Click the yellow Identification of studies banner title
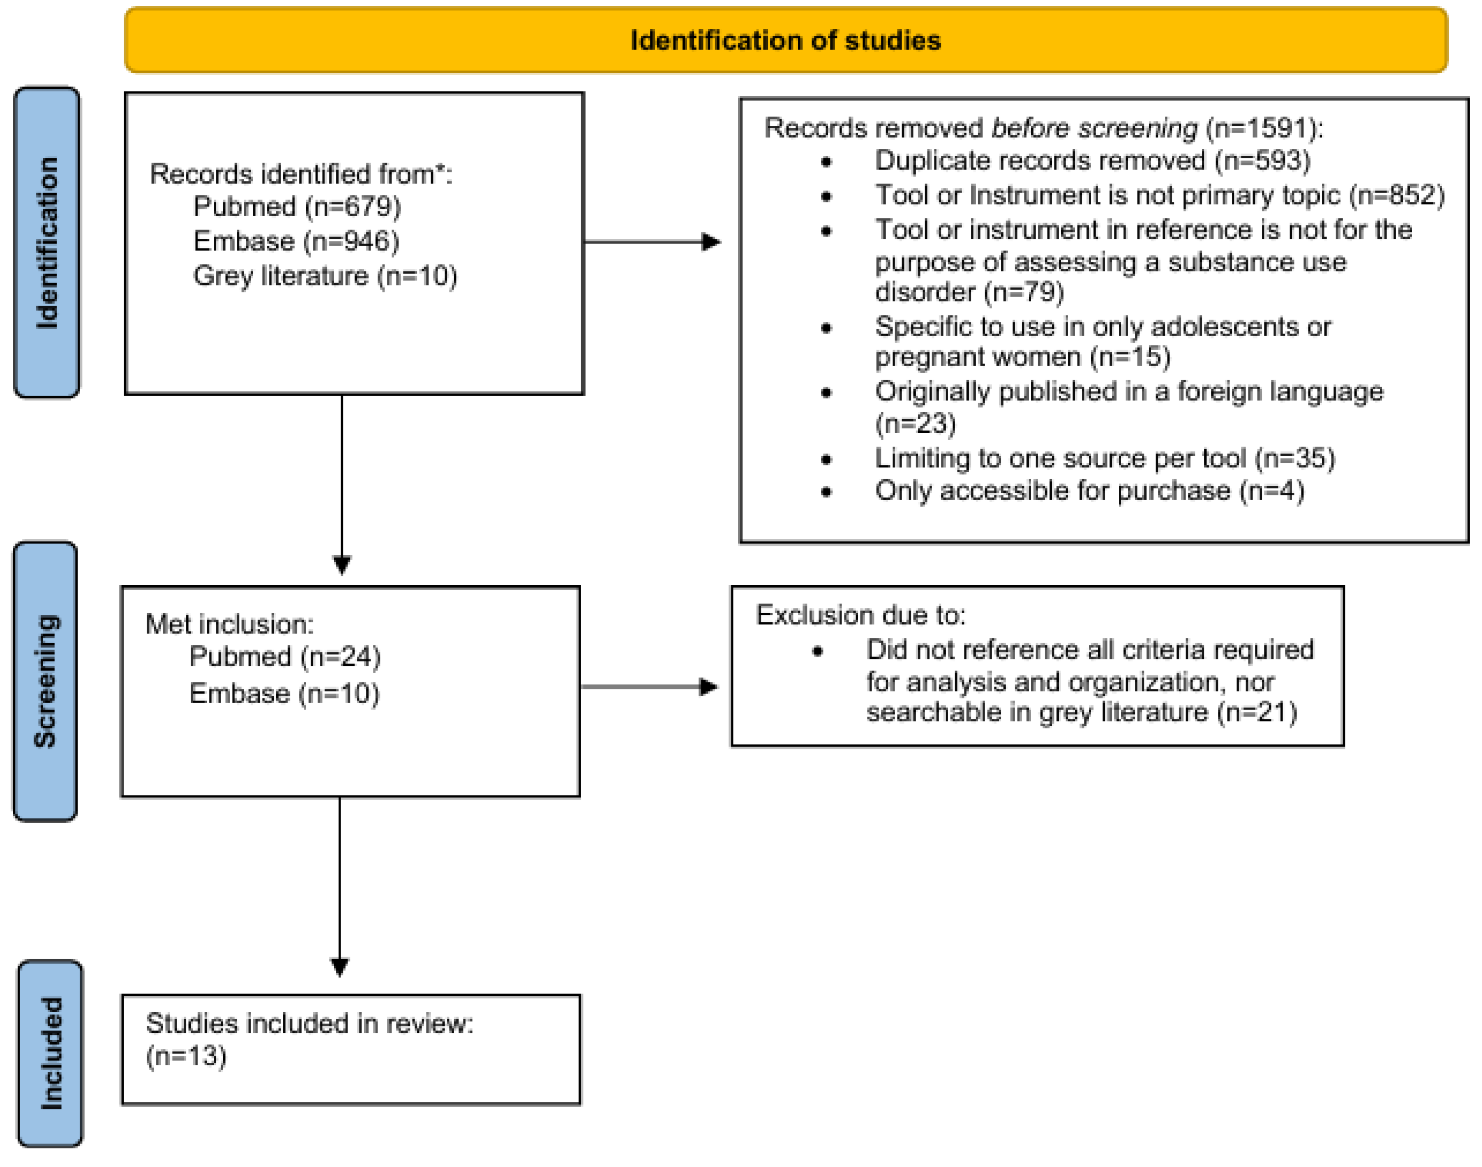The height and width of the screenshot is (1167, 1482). pos(785,40)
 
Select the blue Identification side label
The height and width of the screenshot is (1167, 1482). pos(47,243)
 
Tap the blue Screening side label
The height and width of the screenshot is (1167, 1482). pos(46,681)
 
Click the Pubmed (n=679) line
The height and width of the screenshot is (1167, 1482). pos(297,206)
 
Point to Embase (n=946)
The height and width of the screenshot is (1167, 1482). pos(296,241)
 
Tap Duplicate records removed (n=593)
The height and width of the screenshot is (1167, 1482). pos(1092,161)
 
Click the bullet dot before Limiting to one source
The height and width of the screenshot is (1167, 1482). pos(826,459)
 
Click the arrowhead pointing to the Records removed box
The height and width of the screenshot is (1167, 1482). pos(711,242)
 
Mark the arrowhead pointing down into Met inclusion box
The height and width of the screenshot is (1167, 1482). pos(342,565)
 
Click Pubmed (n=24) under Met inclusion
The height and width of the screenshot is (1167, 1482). pos(285,656)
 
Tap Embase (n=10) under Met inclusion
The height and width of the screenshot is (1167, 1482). pos(284,693)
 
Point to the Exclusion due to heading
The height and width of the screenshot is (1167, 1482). pos(861,615)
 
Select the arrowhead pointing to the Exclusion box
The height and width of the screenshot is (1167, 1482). pos(708,686)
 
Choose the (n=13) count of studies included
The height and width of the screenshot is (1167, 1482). pos(186,1056)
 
